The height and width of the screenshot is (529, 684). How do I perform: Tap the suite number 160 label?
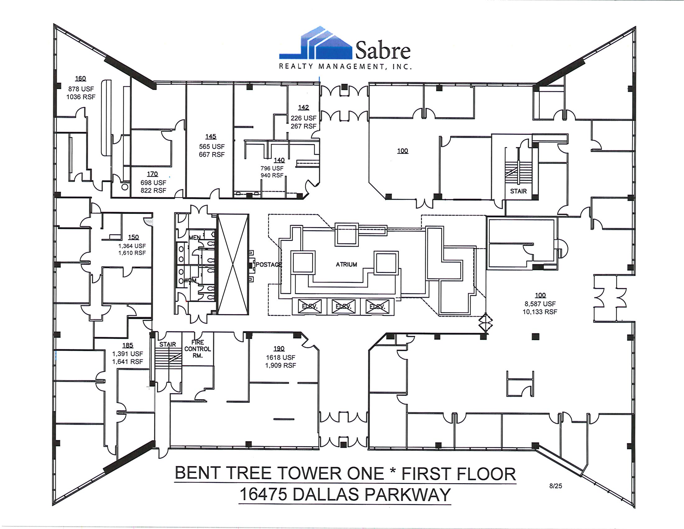[81, 79]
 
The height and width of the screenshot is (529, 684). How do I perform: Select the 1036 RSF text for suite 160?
[81, 97]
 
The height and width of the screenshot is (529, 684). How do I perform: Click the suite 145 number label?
[211, 137]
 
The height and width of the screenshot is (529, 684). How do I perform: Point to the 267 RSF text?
[303, 126]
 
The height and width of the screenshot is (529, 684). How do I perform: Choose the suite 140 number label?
[279, 160]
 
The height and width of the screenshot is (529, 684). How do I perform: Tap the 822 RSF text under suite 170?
[153, 190]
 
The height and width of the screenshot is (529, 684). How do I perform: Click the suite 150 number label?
[133, 237]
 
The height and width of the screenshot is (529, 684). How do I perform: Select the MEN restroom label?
[194, 237]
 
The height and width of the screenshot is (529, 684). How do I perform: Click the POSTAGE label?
[268, 264]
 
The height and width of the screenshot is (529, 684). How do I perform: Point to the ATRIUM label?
[346, 264]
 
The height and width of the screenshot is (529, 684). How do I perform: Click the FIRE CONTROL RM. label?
[198, 349]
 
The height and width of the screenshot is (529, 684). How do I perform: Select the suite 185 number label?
[128, 345]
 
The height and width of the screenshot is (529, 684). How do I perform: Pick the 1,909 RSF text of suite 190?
[281, 365]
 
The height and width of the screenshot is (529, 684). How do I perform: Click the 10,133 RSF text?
[540, 312]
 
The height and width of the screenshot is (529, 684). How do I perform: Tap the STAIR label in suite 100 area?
[518, 191]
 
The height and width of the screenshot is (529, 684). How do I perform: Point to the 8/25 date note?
[556, 486]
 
